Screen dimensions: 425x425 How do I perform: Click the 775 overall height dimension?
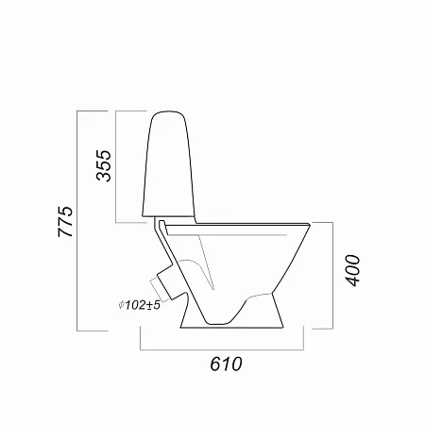click(65, 222)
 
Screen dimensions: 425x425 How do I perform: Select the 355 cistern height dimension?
click(104, 165)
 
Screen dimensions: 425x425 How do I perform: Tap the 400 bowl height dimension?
click(352, 270)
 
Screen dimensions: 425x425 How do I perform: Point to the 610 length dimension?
click(226, 364)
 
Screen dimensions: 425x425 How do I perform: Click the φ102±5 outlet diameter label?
click(140, 305)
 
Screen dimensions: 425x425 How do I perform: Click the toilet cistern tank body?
click(169, 163)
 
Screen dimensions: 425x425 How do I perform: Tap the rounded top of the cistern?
click(169, 111)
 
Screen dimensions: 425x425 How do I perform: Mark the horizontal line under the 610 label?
click(222, 349)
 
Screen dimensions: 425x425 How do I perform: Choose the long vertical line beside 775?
click(77, 221)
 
